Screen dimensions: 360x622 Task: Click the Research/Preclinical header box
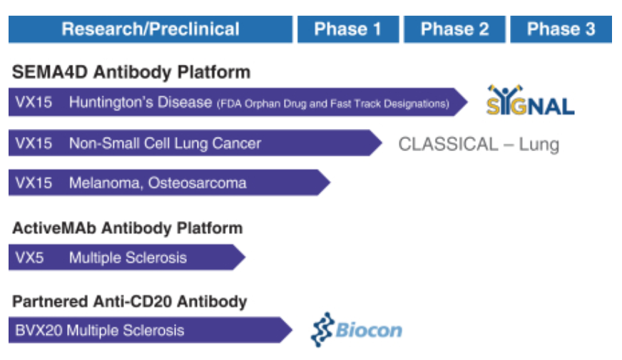click(151, 29)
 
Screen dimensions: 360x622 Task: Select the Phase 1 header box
click(347, 29)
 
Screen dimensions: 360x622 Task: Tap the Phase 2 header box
click(454, 29)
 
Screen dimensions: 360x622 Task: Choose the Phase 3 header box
click(561, 29)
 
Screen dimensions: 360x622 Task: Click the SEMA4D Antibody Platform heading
click(131, 72)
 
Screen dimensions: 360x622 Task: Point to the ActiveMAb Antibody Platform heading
click(127, 228)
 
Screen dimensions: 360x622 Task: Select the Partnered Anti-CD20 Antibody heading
click(129, 302)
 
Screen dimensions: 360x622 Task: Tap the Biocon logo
click(356, 330)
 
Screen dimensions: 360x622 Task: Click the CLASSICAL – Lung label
click(478, 145)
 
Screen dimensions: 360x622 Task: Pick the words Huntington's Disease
click(141, 103)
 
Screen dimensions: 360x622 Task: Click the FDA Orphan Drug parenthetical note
click(332, 104)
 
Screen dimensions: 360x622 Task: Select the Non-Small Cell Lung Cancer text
click(165, 143)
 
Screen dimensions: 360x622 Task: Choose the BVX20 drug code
click(37, 331)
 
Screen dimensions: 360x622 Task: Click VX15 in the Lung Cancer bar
click(34, 143)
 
